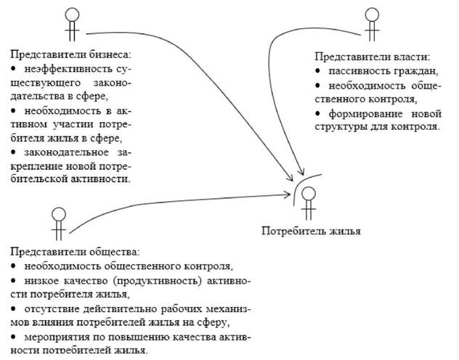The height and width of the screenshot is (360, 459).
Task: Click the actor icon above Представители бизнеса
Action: (x=72, y=24)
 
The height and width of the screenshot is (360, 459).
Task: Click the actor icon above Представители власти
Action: (x=372, y=24)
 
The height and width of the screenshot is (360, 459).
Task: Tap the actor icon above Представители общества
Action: (x=59, y=224)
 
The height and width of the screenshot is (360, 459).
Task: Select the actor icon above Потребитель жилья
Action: (x=309, y=203)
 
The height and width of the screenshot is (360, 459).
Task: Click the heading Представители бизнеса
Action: (x=71, y=54)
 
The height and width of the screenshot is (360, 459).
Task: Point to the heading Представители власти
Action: (x=373, y=57)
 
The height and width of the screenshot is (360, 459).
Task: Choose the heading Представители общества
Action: (x=76, y=252)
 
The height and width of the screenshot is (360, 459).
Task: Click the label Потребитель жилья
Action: (x=311, y=231)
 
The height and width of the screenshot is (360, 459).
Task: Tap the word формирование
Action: (x=365, y=114)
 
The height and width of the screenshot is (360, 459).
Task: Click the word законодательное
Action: (x=66, y=152)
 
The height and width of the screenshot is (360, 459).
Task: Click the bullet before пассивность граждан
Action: (x=317, y=71)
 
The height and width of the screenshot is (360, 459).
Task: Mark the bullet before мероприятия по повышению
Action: (x=13, y=337)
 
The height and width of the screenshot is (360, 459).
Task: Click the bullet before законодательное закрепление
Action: (x=13, y=152)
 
